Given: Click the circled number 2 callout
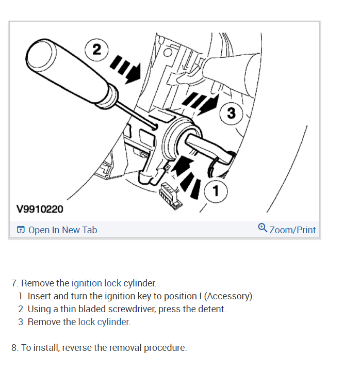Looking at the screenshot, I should coord(97,50).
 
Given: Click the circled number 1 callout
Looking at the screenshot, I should coord(216,191).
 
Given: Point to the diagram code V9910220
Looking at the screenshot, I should coord(40,209).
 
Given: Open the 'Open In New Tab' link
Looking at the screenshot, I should coord(62,230).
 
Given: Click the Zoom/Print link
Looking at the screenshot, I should coord(292,230).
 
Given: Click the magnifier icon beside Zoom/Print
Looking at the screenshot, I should coord(263,228).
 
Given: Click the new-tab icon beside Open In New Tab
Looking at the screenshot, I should coord(21,230).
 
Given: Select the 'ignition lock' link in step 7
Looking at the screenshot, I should coord(96,283).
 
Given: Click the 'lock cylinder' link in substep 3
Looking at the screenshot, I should coord(104,322).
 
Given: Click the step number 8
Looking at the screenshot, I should coord(14,348).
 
